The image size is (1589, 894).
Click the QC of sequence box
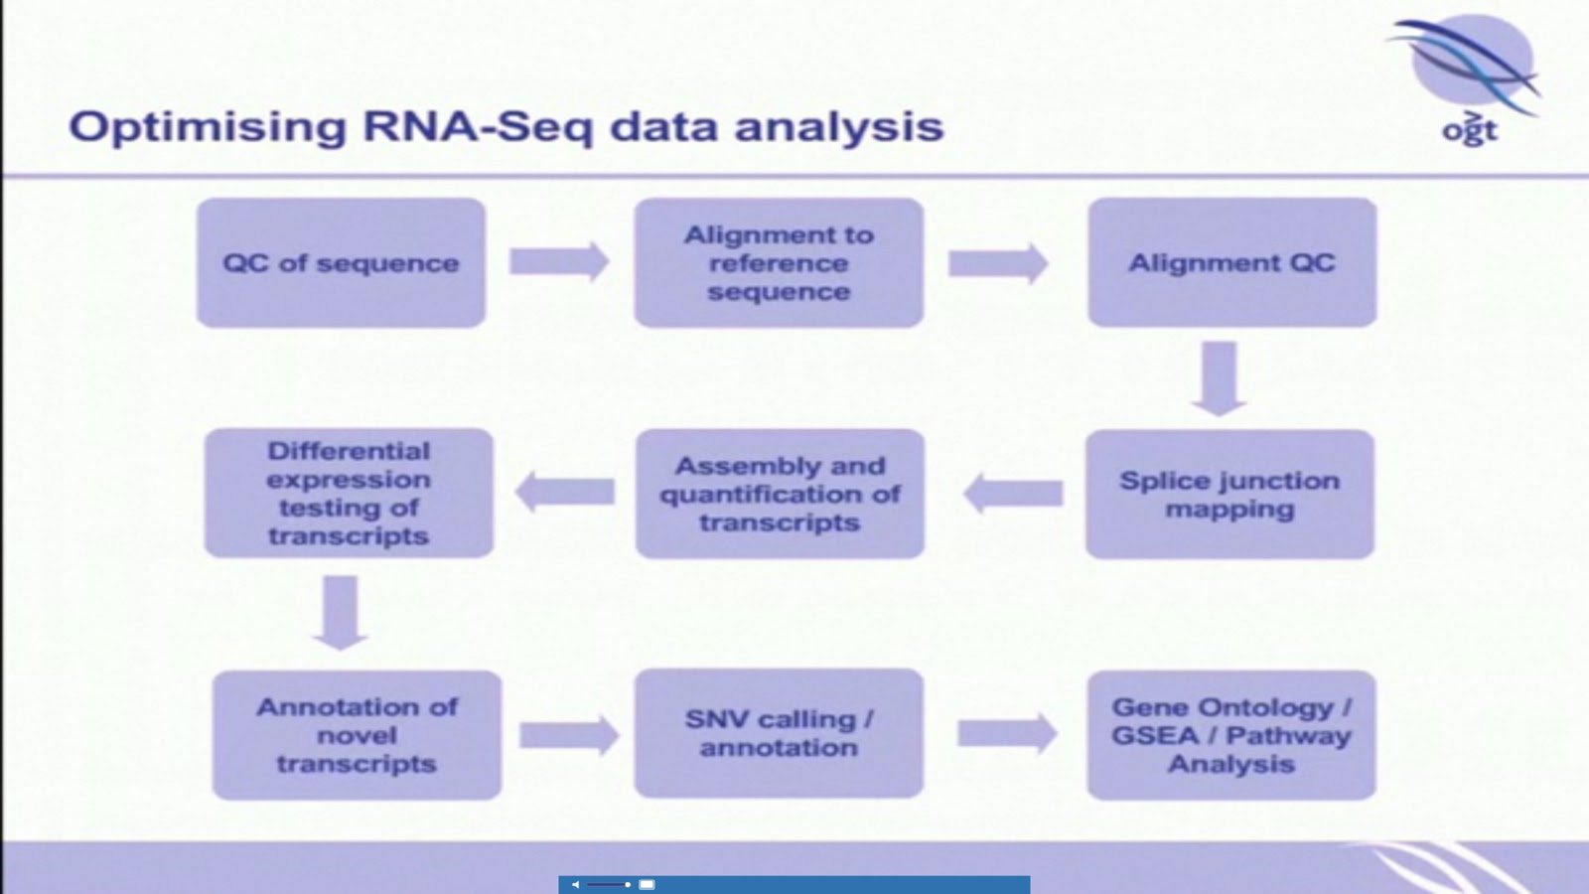(x=341, y=263)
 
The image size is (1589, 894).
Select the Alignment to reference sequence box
(x=779, y=263)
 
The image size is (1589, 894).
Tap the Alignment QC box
(x=1231, y=263)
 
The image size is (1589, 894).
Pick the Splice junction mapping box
(x=1229, y=494)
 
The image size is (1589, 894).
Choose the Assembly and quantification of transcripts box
(x=780, y=494)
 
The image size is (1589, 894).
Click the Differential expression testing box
(x=349, y=493)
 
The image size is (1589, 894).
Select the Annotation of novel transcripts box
(x=357, y=735)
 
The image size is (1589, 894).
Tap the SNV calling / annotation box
(x=779, y=733)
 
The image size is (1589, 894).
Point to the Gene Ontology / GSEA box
(x=1231, y=735)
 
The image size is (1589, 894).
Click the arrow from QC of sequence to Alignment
(x=559, y=262)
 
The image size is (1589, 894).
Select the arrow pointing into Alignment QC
(x=998, y=263)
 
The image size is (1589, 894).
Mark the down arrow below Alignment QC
(x=1220, y=377)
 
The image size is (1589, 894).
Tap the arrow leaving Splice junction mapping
(x=1013, y=493)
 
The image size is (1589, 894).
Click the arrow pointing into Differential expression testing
(x=564, y=492)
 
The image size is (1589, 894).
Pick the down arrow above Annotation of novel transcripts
(x=341, y=612)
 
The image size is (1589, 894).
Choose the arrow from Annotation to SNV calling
(x=568, y=735)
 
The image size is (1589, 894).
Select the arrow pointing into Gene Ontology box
(x=1006, y=734)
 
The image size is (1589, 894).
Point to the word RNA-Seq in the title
(x=478, y=127)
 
